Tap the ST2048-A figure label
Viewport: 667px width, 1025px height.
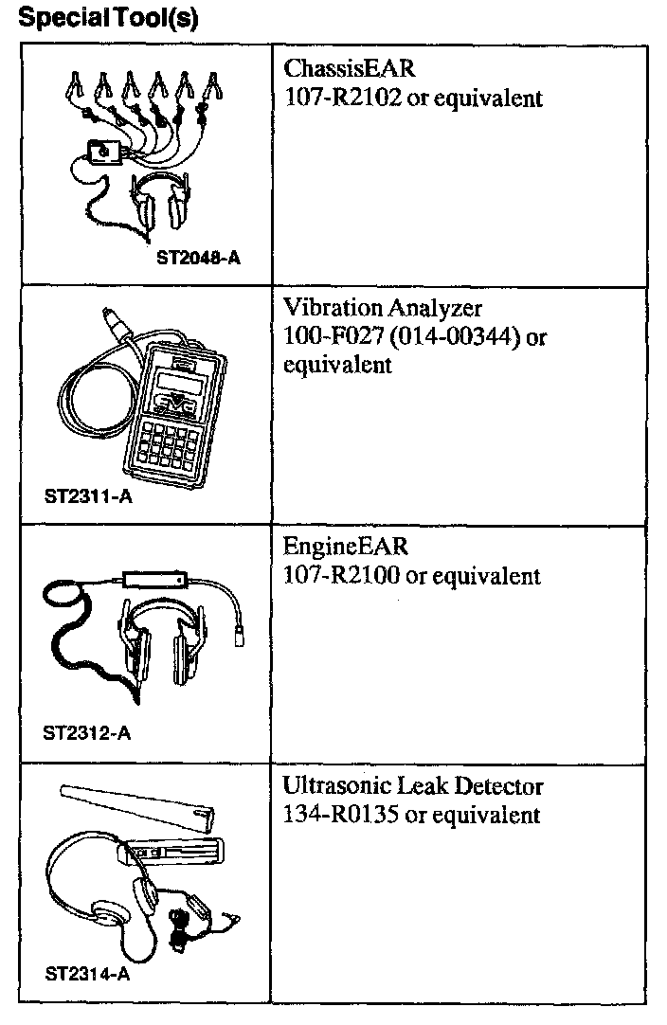tap(199, 257)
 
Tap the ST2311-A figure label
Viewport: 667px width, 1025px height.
tap(87, 495)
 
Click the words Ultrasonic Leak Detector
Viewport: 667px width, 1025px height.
tap(413, 787)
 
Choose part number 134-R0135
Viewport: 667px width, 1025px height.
tap(343, 814)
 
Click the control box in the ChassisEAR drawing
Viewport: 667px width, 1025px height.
tap(102, 151)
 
